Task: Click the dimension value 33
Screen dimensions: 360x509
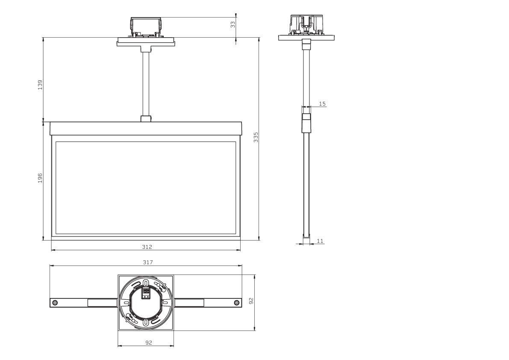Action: (x=233, y=25)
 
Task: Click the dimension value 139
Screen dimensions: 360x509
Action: (x=40, y=84)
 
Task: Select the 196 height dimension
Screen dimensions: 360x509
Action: (x=40, y=178)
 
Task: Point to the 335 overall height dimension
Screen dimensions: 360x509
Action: (x=256, y=137)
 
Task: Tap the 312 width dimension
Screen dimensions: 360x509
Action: (x=147, y=247)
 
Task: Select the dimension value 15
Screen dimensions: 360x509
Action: (x=322, y=104)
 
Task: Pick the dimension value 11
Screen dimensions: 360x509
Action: (x=320, y=241)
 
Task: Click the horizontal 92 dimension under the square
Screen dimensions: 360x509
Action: (x=148, y=342)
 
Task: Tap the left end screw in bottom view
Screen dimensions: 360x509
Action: (x=55, y=303)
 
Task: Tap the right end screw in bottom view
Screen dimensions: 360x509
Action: (x=236, y=303)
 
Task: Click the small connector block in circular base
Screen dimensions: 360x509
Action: (x=146, y=293)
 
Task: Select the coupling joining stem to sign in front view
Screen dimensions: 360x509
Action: (x=146, y=119)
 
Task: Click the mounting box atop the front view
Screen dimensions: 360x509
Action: (x=146, y=27)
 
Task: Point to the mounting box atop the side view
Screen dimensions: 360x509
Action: (x=306, y=25)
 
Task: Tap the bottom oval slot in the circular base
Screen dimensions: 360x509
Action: (x=146, y=322)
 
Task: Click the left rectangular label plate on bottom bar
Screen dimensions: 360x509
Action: (x=102, y=303)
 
